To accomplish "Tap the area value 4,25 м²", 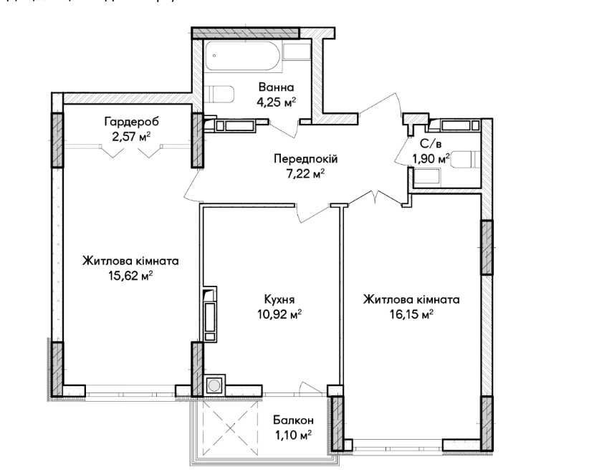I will click(x=276, y=102).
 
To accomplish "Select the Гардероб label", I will click(x=130, y=122).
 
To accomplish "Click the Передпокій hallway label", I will click(x=305, y=158).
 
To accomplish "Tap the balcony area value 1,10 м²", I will click(x=294, y=435).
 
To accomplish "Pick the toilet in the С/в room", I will click(x=469, y=159).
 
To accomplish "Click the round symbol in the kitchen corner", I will click(x=214, y=386).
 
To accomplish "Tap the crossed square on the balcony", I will click(x=230, y=428).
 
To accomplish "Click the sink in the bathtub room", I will click(x=295, y=52).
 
